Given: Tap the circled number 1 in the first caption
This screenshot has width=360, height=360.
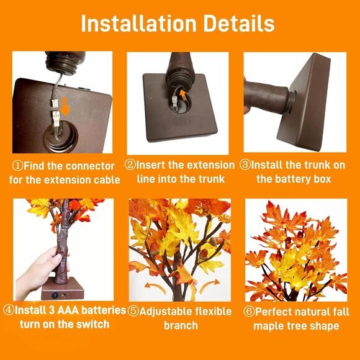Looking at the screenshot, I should pos(18,166).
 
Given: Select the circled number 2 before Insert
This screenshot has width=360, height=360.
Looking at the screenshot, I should pos(130,165).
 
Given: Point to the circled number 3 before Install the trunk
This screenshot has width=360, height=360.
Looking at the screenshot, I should pos(245,165).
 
